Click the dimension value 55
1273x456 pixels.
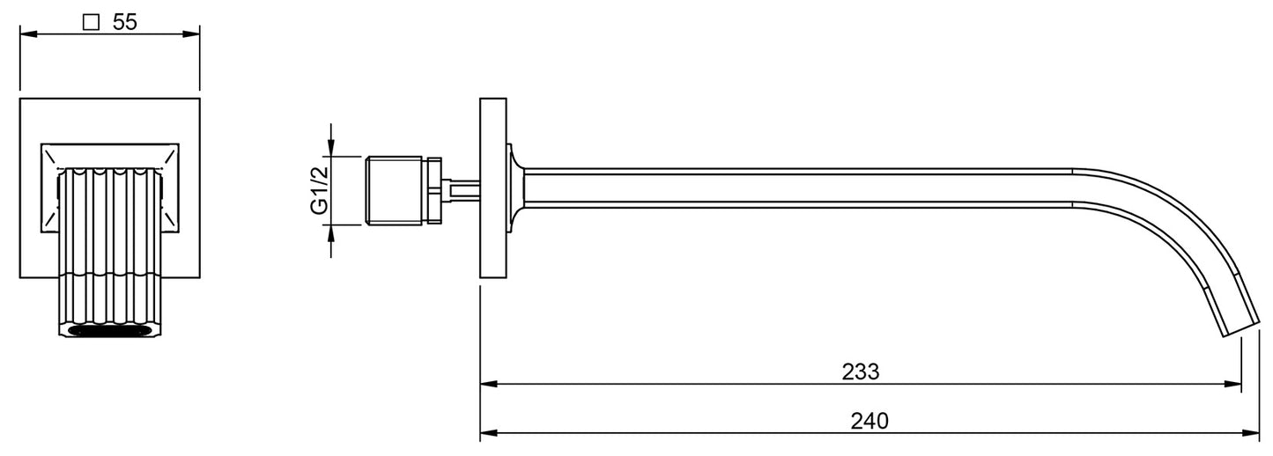point(125,22)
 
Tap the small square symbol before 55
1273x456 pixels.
point(91,22)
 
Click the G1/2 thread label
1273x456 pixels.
point(320,191)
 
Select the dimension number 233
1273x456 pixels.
point(861,372)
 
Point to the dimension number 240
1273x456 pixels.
point(870,421)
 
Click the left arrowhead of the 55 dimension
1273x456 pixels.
point(28,34)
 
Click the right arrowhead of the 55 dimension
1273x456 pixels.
point(191,34)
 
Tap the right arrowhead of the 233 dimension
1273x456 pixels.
point(1232,385)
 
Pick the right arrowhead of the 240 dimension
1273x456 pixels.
point(1251,433)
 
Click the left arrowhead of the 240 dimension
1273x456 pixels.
point(489,433)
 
